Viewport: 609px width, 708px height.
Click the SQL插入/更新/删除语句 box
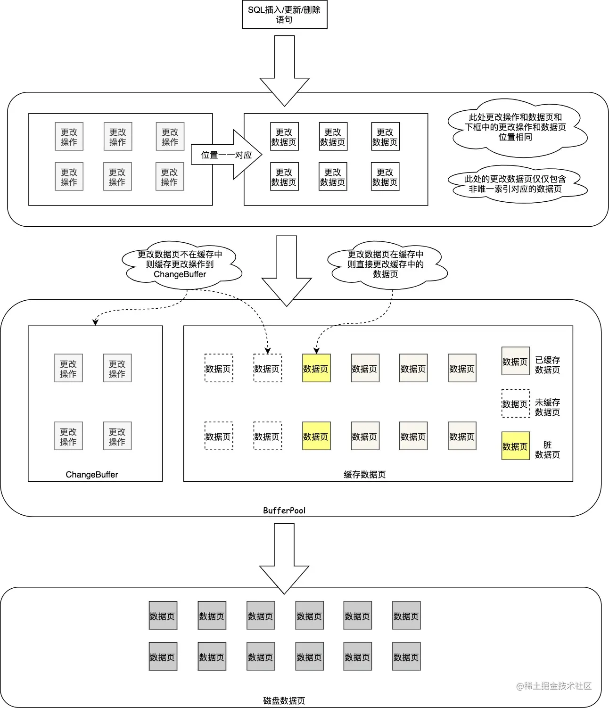point(284,15)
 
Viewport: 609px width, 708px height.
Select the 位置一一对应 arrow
point(226,155)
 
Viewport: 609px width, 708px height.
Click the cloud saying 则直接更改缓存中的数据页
point(385,264)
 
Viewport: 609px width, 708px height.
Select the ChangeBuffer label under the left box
point(91,475)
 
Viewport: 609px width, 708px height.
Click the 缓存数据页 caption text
point(364,475)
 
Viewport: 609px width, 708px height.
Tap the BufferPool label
point(284,510)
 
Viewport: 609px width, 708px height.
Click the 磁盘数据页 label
point(284,701)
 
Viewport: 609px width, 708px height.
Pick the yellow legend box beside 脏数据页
point(515,446)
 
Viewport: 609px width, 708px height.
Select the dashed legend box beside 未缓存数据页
point(515,403)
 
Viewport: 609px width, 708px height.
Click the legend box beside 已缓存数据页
point(515,361)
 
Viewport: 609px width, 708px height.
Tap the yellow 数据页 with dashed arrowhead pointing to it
point(316,368)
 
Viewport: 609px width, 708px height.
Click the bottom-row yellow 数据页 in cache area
point(316,436)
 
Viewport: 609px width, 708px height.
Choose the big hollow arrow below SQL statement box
point(284,71)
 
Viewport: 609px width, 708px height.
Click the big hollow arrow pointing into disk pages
point(284,559)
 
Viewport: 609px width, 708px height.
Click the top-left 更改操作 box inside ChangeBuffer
point(68,368)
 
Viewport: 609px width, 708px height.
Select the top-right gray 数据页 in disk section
point(406,616)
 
